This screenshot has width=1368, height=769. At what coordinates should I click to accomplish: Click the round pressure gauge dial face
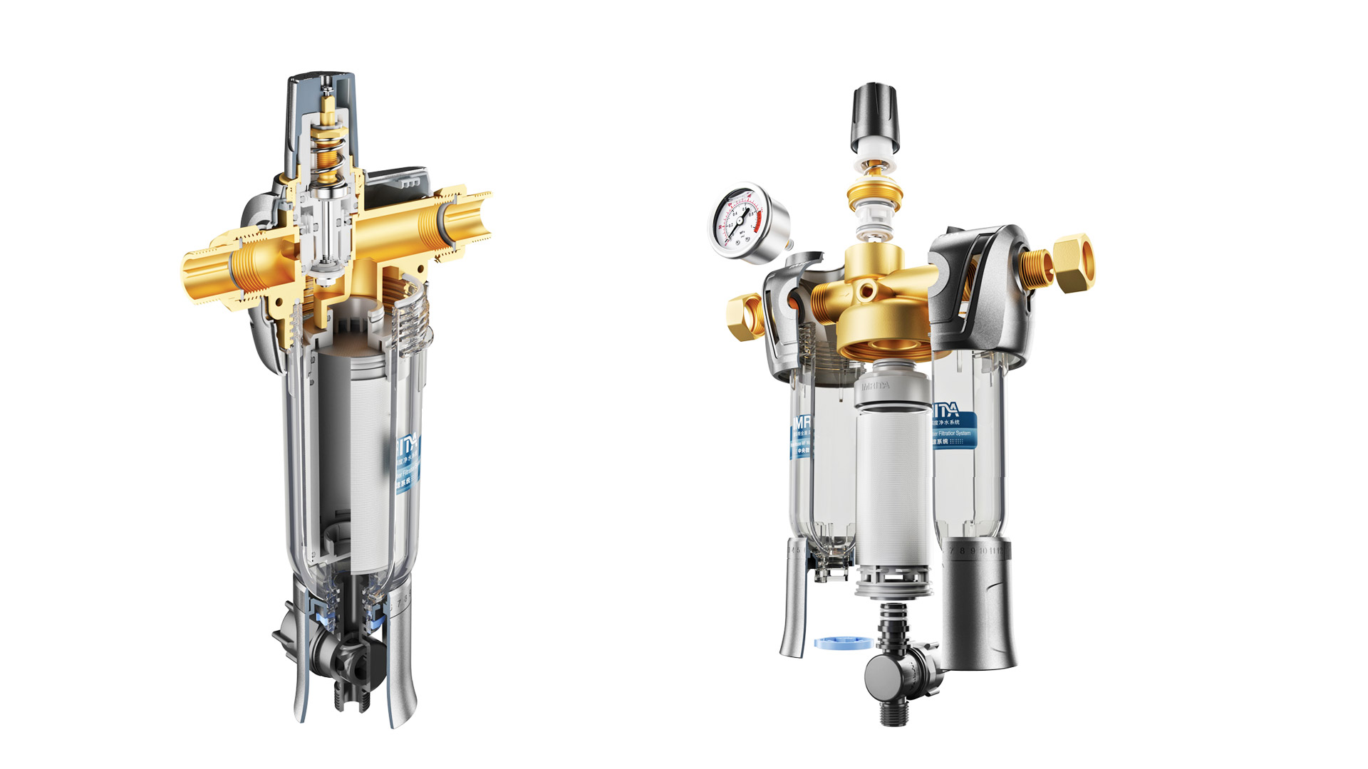coord(740,221)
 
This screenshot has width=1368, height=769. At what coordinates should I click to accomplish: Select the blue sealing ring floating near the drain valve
coord(842,642)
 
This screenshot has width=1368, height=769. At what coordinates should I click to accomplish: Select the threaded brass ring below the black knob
coord(874,194)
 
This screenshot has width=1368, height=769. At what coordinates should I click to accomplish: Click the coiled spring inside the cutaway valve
coord(328,157)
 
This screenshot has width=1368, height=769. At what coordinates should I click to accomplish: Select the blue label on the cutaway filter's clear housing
coord(408,463)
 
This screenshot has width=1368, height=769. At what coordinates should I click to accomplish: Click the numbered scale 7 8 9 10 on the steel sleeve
coord(975,551)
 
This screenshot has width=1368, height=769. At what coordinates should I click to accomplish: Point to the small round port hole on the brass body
coord(866,290)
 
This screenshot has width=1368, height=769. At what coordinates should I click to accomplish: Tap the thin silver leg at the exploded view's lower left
coord(793,605)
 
